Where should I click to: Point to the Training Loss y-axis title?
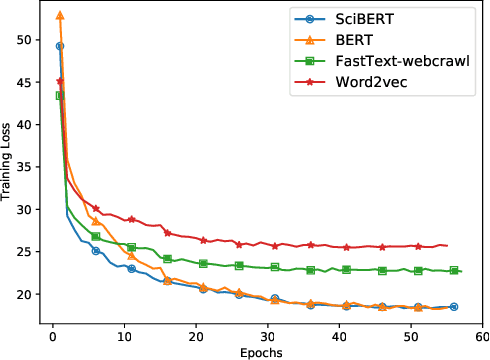[x=8, y=169]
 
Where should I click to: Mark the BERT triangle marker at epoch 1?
[x=60, y=16]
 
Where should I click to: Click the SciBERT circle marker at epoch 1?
[x=60, y=46]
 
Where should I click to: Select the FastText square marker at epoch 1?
[x=60, y=95]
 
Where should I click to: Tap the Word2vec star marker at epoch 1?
[x=60, y=81]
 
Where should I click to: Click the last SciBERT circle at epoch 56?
[x=453, y=307]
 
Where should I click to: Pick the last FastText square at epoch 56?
[x=453, y=270]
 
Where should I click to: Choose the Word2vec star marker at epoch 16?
[x=167, y=233]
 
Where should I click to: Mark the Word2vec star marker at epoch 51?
[x=418, y=245]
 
